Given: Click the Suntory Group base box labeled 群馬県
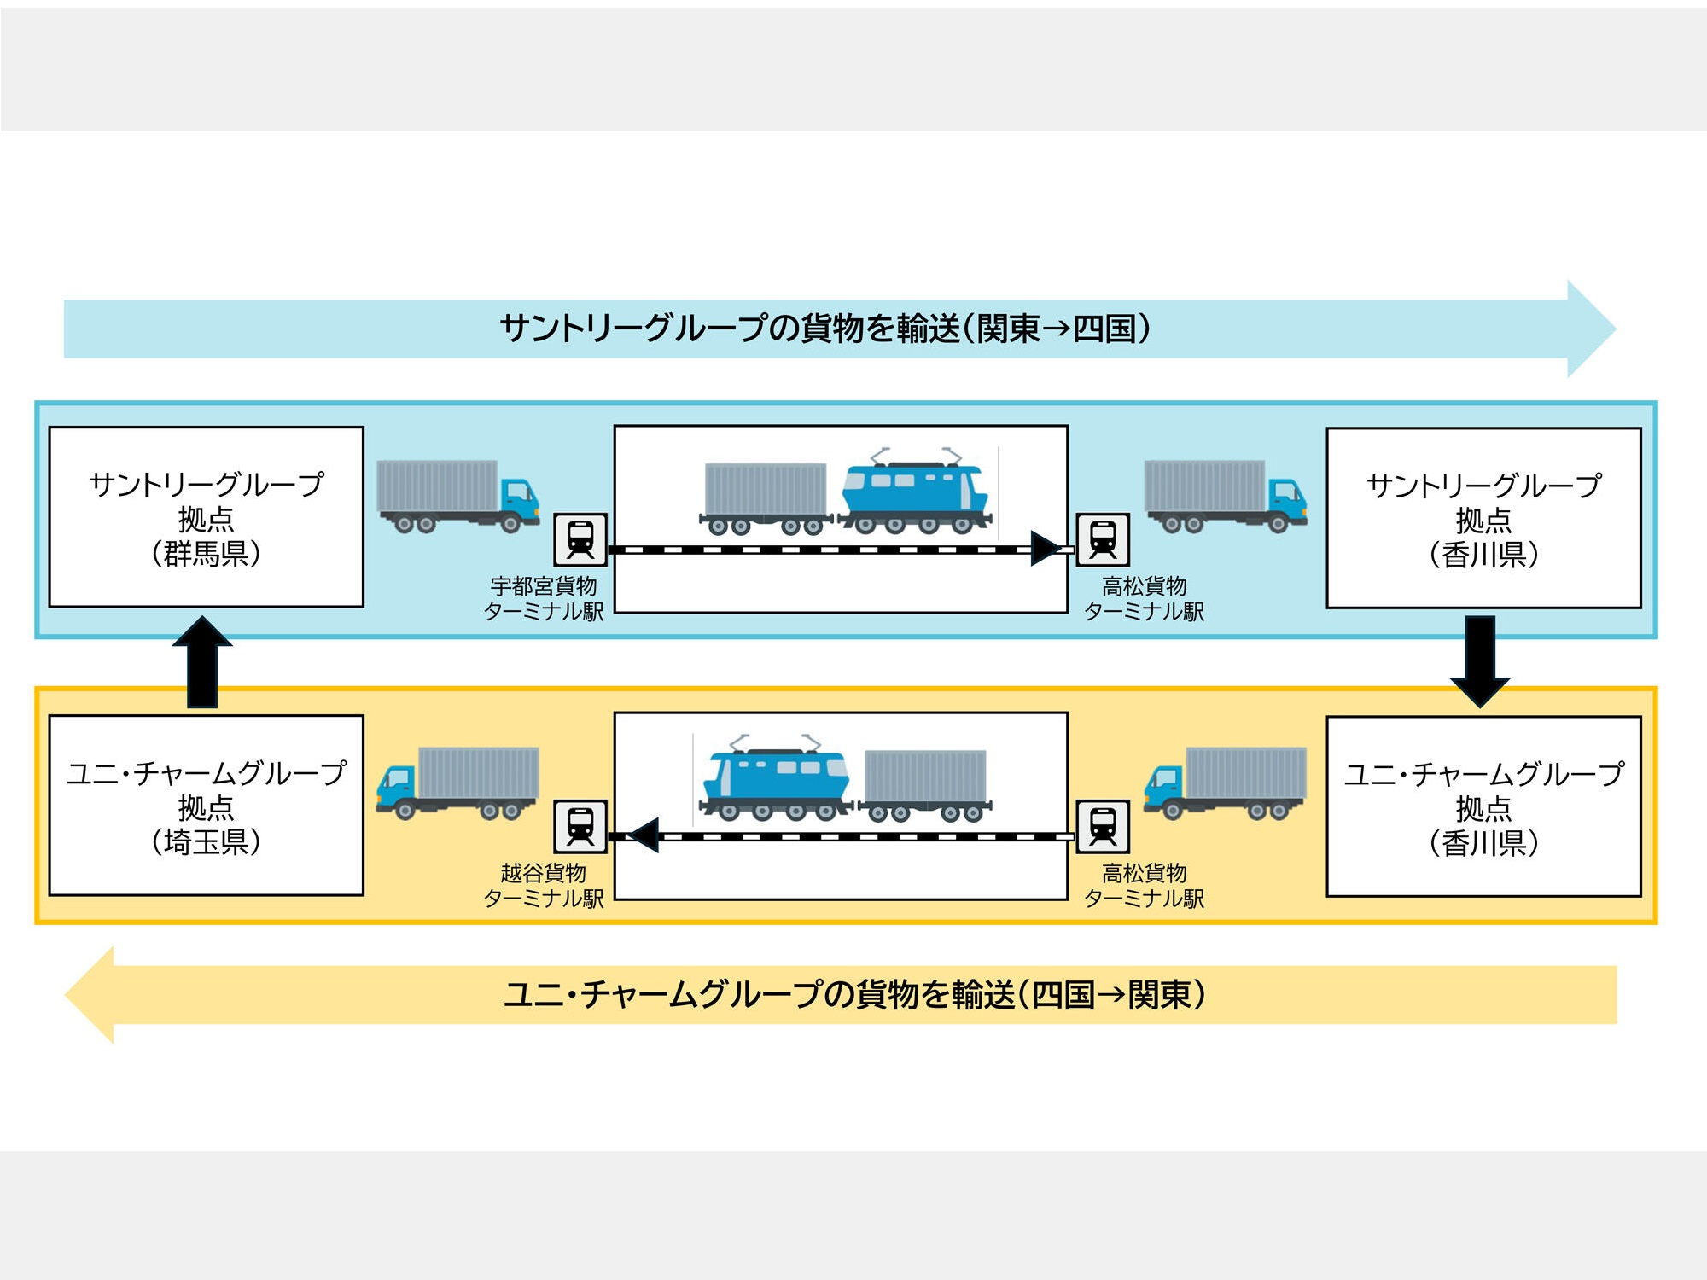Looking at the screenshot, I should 206,517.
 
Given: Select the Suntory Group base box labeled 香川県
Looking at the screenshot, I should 1483,518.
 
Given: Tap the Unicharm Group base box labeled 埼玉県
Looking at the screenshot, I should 206,806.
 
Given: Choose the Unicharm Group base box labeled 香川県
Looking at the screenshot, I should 1483,806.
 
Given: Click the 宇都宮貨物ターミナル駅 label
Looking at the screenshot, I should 544,598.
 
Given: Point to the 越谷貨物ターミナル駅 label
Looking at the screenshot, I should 544,885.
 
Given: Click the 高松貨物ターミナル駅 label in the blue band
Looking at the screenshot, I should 1144,598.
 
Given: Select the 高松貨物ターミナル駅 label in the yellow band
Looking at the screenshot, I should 1144,885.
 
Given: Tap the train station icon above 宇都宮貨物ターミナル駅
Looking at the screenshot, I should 580,539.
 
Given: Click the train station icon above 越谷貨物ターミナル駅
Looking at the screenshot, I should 580,826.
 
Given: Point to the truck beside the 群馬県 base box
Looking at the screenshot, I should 457,496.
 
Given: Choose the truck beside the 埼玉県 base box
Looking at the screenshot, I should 457,782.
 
